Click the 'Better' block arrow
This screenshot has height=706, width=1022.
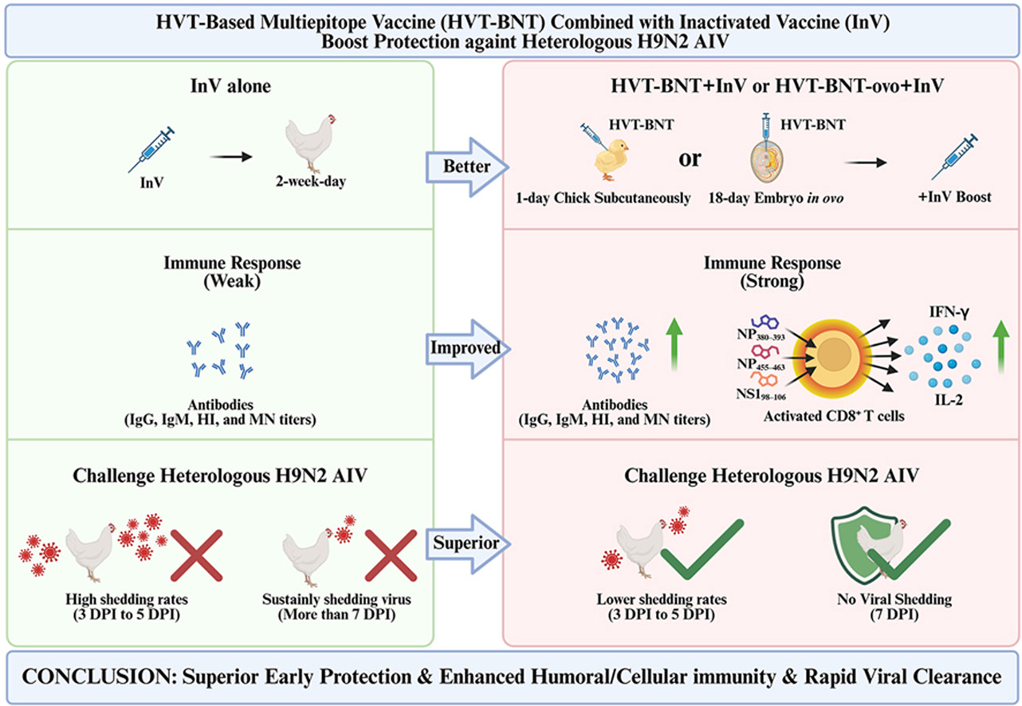tap(466, 167)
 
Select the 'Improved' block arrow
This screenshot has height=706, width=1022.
tap(467, 349)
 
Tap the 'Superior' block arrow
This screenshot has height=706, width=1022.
tap(467, 543)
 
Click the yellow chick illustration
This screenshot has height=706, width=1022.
tap(611, 159)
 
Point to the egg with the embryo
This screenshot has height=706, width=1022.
tap(767, 163)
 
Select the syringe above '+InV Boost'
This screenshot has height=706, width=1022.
tap(954, 156)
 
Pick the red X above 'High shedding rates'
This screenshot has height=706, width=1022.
tap(196, 555)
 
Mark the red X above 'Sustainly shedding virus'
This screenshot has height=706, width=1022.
tap(391, 555)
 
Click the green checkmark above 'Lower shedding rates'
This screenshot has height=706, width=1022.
tap(702, 550)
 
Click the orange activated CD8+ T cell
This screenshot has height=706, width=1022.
tap(834, 355)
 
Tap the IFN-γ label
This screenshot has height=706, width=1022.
tap(949, 312)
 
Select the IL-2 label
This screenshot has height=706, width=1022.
tap(949, 400)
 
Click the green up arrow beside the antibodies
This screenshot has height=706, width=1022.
tap(674, 344)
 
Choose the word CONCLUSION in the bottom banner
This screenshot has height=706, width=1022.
tap(96, 677)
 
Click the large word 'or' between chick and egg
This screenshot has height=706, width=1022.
tap(690, 159)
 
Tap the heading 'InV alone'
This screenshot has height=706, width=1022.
tap(230, 86)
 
